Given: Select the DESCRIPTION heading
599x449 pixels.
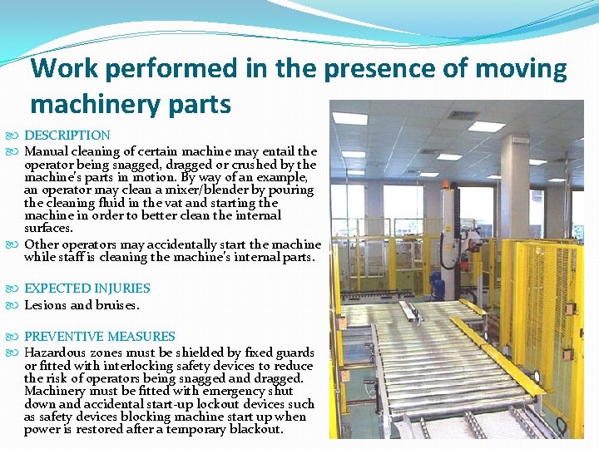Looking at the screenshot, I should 67,135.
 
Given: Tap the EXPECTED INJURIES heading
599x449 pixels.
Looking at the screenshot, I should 87,289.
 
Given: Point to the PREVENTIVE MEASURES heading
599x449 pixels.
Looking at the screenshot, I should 100,337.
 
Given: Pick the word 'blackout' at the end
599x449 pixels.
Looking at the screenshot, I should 255,430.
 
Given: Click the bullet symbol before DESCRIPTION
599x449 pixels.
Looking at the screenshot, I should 17,136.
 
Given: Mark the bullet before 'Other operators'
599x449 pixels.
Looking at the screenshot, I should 17,244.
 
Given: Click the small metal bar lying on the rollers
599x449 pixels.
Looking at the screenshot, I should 410,313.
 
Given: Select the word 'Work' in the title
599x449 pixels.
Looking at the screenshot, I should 63,68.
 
